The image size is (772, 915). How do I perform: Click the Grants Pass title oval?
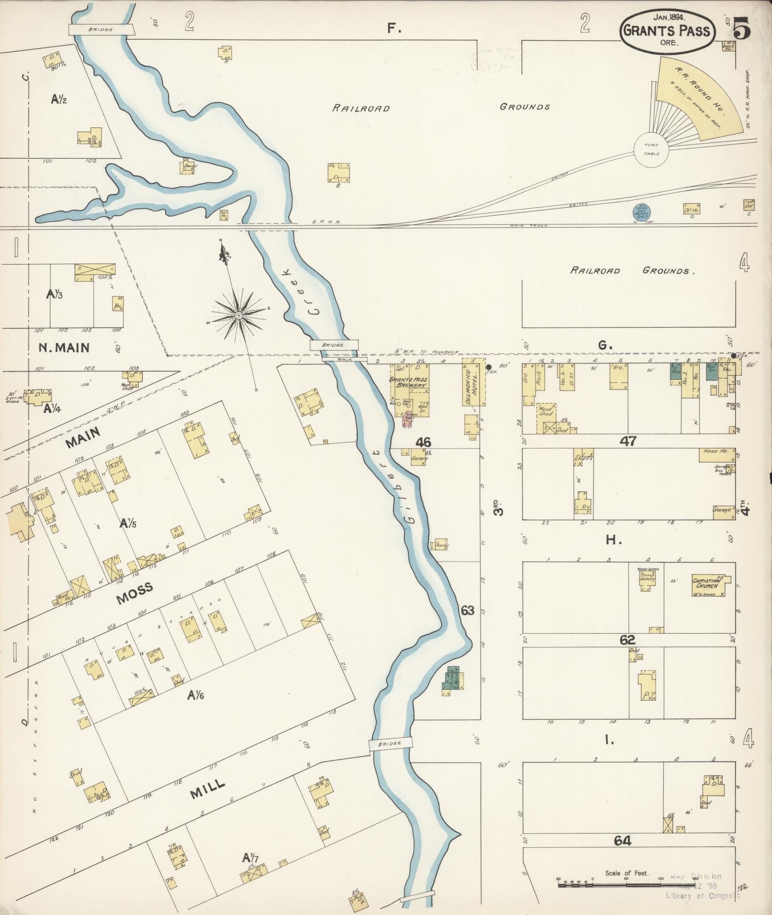667,31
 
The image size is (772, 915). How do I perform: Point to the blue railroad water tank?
641,211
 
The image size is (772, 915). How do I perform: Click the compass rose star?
238,315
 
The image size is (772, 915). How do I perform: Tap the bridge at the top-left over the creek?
101,30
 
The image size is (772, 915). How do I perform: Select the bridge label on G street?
333,345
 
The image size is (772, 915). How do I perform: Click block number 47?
627,441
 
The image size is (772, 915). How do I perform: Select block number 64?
622,840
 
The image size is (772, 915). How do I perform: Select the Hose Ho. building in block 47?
717,455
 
